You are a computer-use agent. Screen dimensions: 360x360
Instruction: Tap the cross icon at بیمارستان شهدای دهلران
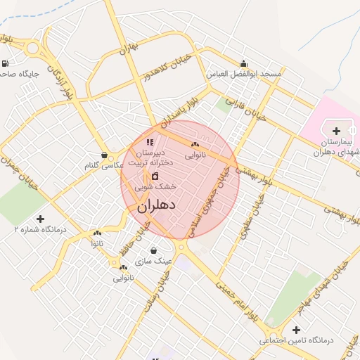[336, 131]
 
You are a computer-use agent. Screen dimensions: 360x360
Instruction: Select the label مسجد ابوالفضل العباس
[243, 74]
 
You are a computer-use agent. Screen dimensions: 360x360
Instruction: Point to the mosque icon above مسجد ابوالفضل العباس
[244, 63]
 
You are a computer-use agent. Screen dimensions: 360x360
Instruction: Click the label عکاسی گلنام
[103, 166]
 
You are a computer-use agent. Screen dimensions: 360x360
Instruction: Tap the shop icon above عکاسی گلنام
[104, 155]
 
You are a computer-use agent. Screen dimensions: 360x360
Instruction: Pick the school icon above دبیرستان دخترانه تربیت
[149, 143]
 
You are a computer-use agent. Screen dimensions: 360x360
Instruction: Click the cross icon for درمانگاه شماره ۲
[40, 219]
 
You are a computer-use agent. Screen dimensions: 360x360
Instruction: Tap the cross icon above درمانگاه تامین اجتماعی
[296, 330]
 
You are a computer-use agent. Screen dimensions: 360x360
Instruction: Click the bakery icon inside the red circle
[195, 143]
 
